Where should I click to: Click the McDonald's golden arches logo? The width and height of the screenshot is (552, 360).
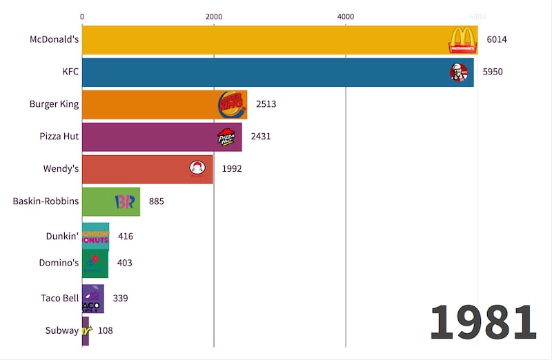[462, 40]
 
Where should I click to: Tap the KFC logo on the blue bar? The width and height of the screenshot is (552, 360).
[459, 72]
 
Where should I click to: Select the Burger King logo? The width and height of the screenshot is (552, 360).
[230, 104]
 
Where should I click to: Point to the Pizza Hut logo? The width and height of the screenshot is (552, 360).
[226, 137]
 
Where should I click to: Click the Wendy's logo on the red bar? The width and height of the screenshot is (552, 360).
[197, 169]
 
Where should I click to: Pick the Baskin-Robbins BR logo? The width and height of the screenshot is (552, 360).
[124, 201]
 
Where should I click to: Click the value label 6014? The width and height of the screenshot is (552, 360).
[496, 40]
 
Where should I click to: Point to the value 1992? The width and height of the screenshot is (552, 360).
[233, 169]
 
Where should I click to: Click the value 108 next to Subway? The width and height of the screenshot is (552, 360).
[105, 330]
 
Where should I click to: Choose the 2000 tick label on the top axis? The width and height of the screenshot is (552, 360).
[214, 16]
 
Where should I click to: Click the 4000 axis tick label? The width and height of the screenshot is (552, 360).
[345, 16]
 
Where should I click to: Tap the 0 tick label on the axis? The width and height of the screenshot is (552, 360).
[82, 16]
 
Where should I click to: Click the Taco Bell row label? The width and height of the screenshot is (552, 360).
[59, 299]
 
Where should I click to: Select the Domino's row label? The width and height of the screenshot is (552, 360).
[59, 262]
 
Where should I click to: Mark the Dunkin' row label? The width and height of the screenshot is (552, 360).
[61, 235]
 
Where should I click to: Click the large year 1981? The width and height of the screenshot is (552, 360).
[483, 322]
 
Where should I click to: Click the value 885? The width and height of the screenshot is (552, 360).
[157, 201]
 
